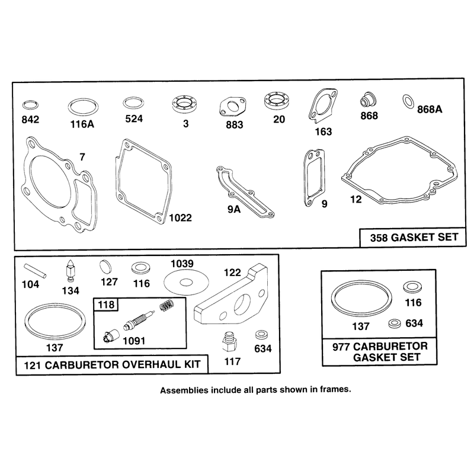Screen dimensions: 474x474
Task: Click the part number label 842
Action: point(30,120)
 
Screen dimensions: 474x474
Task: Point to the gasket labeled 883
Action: point(232,107)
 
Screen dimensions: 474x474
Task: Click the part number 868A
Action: point(430,109)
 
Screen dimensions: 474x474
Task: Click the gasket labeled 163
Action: point(322,105)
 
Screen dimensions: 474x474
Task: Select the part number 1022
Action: point(180,217)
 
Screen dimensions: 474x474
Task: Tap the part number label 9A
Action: point(233,209)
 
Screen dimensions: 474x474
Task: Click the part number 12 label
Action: point(356,199)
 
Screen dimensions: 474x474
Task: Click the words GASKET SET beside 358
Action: point(424,237)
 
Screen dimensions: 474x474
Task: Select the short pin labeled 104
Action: point(36,271)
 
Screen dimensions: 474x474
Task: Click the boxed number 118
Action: point(106,305)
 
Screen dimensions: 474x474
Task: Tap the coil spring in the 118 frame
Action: point(166,305)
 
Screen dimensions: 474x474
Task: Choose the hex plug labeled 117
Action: point(230,342)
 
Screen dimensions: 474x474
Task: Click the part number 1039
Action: point(182,264)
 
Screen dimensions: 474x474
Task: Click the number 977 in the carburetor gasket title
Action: point(341,347)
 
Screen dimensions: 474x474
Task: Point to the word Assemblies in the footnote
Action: point(184,390)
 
